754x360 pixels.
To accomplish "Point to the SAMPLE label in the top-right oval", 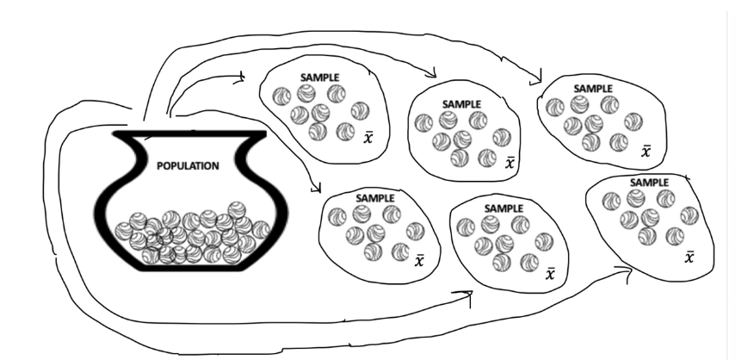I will click(x=593, y=88).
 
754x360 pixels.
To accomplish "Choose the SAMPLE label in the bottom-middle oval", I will click(x=504, y=208).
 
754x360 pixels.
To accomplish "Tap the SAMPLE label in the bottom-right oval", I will click(x=650, y=183).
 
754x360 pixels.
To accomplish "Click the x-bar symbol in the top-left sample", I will click(x=368, y=138).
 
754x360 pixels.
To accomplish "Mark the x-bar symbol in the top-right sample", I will click(x=646, y=152).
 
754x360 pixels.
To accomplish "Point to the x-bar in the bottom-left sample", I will click(x=419, y=260).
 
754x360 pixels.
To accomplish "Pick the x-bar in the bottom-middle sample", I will click(x=551, y=274).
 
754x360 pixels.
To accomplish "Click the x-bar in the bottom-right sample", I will click(x=689, y=256).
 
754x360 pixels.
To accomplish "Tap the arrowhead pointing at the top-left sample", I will click(x=243, y=78).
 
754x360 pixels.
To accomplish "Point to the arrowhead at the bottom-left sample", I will click(x=317, y=188).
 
